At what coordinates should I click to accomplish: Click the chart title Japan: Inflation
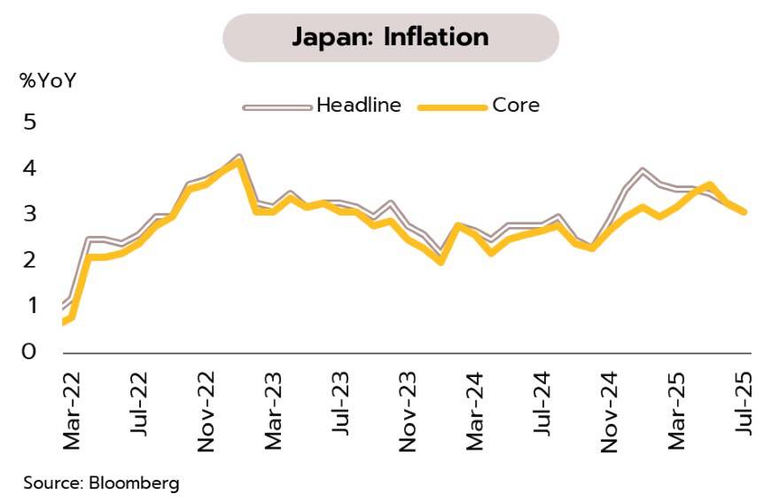click(x=390, y=37)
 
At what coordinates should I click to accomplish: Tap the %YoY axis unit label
click(x=49, y=81)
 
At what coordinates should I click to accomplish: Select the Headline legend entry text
click(x=359, y=106)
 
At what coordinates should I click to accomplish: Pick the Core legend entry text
click(x=516, y=106)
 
